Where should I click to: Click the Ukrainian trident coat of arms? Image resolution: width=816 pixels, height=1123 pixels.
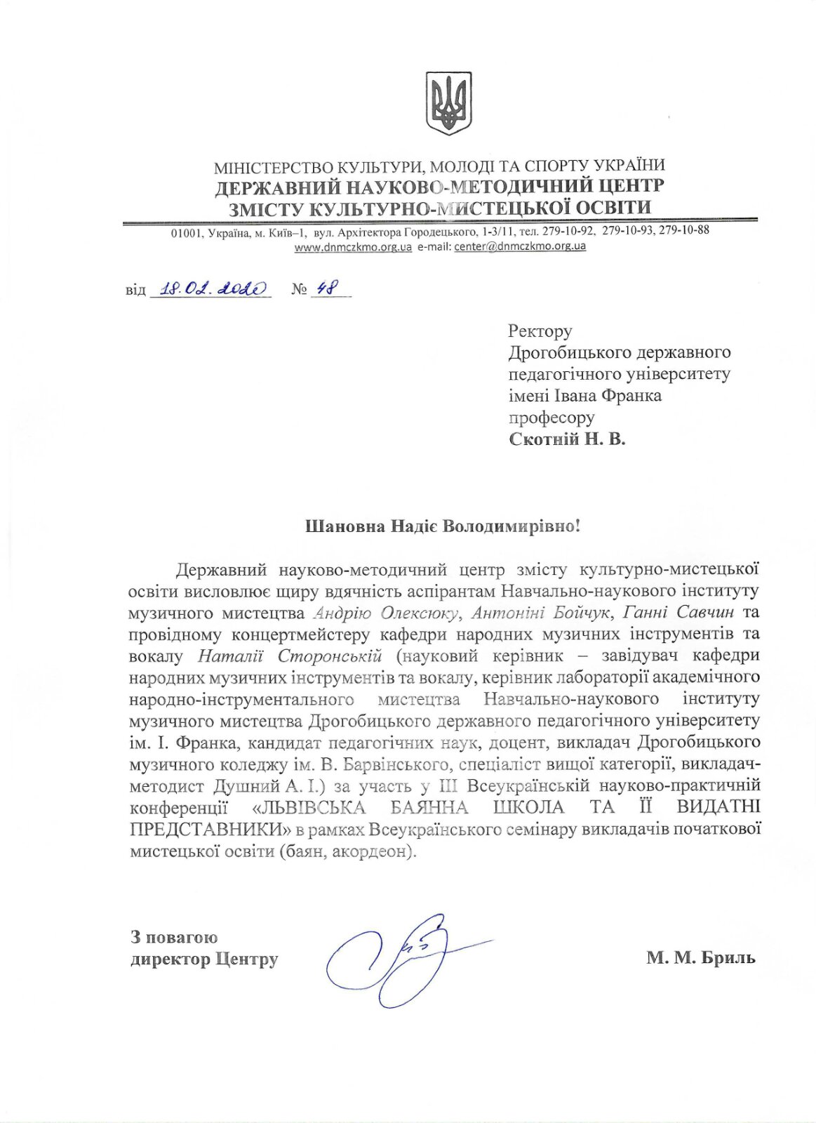pos(449,103)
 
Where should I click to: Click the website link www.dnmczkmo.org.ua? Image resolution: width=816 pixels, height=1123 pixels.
pos(353,247)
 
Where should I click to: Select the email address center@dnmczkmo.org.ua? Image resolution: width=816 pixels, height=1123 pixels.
pos(520,247)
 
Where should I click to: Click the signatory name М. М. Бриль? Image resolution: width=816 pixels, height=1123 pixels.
pos(701,957)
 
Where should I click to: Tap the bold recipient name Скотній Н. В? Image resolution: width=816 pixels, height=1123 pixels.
pos(566,439)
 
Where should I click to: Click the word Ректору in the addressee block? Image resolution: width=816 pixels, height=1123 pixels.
pos(540,331)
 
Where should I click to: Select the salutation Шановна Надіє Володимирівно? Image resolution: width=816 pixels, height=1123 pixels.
pos(443,526)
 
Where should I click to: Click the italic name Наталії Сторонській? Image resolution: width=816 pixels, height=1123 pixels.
pos(290,656)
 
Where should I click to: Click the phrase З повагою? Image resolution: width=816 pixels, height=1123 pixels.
pos(174,937)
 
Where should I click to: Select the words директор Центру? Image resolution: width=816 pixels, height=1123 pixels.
pos(204,959)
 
